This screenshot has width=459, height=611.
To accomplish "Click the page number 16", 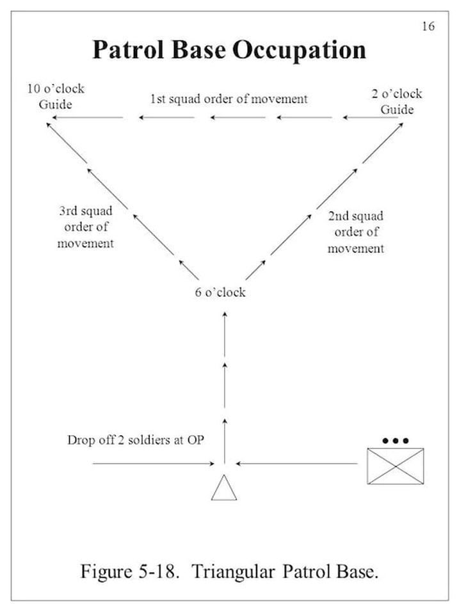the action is pyautogui.click(x=428, y=26).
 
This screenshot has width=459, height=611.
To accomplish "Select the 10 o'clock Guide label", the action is pyautogui.click(x=56, y=96).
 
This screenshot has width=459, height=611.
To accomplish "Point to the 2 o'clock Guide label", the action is pyautogui.click(x=397, y=102).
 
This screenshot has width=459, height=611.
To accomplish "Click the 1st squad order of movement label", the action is pyautogui.click(x=229, y=99).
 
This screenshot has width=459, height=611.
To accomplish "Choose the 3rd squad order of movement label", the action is pyautogui.click(x=85, y=227).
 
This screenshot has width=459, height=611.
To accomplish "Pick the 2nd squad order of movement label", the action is pyautogui.click(x=356, y=232).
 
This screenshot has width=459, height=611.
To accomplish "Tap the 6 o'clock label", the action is pyautogui.click(x=220, y=292).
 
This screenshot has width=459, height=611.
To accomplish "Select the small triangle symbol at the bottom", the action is pyautogui.click(x=224, y=488).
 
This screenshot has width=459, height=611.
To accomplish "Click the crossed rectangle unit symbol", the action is pyautogui.click(x=395, y=466).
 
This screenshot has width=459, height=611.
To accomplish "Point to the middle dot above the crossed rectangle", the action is pyautogui.click(x=395, y=441).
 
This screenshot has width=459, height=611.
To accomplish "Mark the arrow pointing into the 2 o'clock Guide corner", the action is pyautogui.click(x=383, y=142).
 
